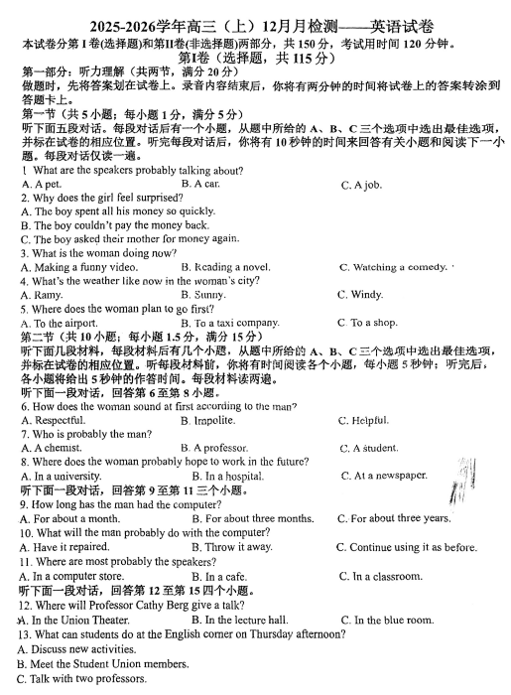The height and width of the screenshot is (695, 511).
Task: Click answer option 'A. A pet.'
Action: point(41,185)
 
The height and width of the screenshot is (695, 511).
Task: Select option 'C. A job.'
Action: point(361,185)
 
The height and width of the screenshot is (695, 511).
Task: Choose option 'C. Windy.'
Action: point(359,295)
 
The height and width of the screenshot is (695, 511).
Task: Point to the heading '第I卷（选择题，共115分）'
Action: point(256,59)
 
